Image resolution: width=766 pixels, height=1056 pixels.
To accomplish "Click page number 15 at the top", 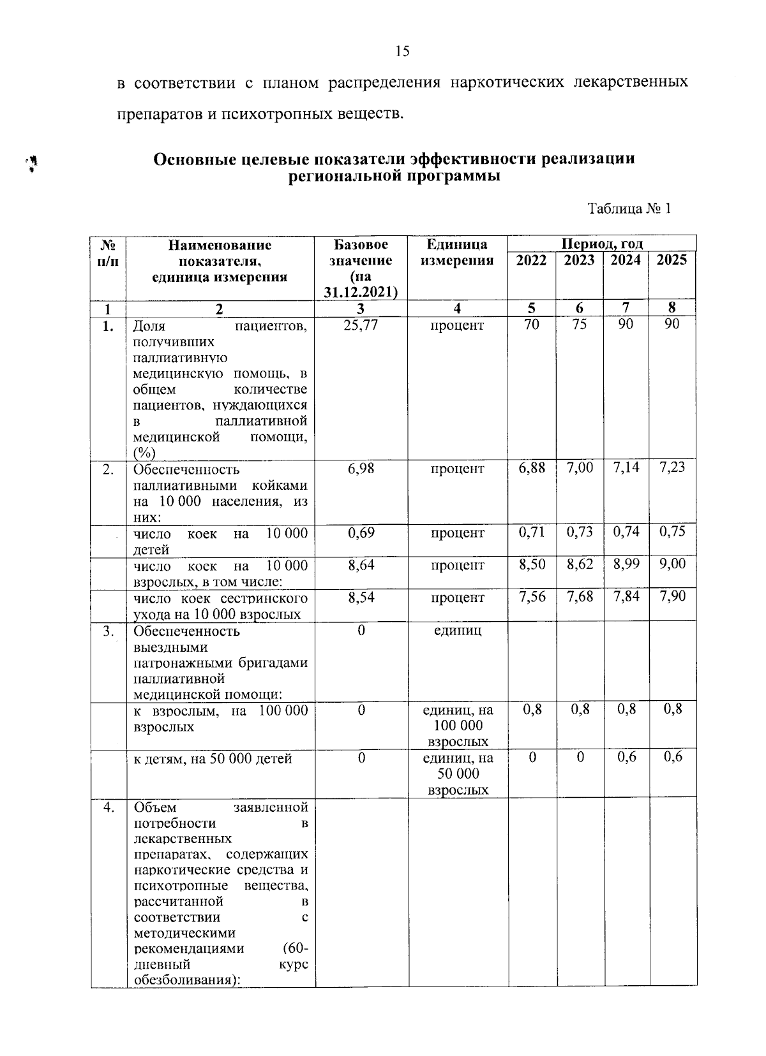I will coord(402,52).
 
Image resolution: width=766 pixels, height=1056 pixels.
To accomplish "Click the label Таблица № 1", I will coord(629,209).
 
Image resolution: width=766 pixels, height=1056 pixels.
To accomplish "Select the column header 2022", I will coord(531,260).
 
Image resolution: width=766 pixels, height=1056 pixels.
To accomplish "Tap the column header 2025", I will coord(672,260).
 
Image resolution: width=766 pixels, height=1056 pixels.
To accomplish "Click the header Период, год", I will coord(601,244).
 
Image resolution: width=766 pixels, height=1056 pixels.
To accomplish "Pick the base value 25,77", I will coord(361,325).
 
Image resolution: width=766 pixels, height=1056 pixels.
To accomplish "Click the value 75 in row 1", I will coord(579,324).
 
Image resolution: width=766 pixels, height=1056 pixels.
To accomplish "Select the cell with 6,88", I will coord(532,468).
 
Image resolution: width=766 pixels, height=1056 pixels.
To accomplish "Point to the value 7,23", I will coord(672,467).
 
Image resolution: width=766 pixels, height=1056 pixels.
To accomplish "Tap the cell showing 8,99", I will coord(626,565).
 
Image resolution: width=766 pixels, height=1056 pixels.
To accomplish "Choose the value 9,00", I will coord(672,564).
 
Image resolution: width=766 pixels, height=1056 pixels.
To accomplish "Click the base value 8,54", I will coord(361,598).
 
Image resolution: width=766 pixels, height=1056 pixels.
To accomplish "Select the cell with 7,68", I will coord(579,598).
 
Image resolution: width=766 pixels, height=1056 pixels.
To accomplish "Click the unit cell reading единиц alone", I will coord(456,631).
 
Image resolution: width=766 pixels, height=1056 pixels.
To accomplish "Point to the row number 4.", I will coord(109,807).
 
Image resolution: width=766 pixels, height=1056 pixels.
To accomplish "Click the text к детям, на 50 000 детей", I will coord(213,759).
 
